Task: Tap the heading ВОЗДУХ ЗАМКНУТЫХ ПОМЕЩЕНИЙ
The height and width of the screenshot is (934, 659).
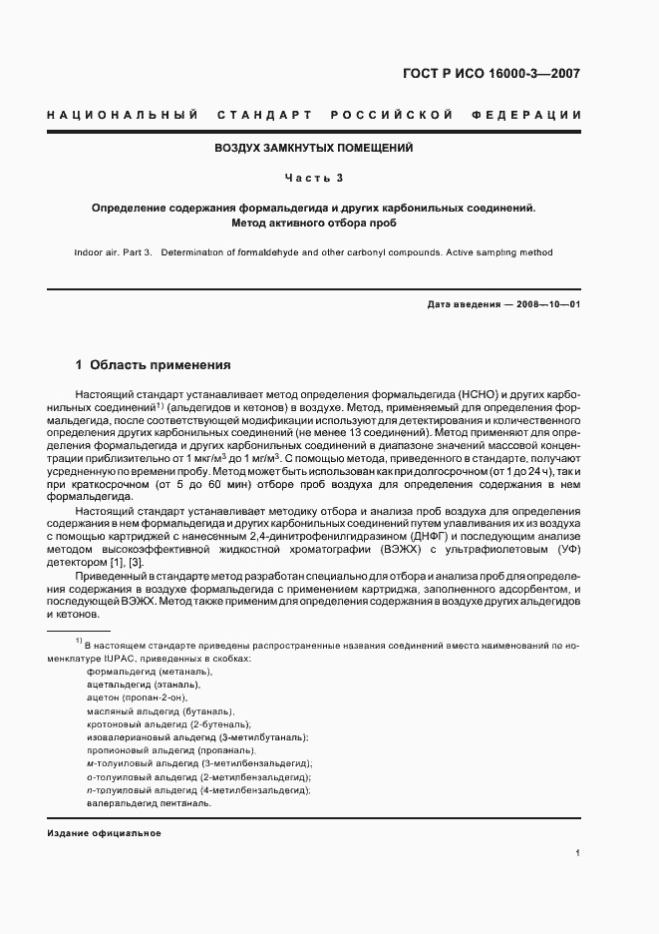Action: (314, 148)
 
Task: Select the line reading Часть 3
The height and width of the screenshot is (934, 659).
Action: (314, 179)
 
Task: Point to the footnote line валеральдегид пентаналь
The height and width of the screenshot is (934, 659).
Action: (149, 802)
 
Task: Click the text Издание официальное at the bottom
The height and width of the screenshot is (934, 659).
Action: (104, 832)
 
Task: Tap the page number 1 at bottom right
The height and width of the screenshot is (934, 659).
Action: (578, 852)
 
